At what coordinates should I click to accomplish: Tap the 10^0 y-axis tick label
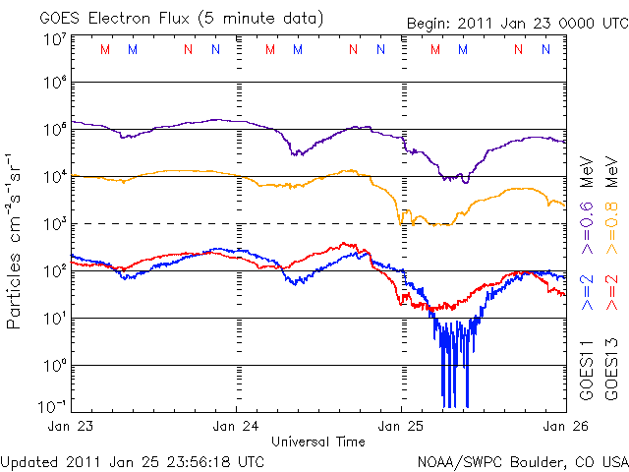click(x=54, y=367)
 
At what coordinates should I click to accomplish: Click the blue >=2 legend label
click(x=587, y=292)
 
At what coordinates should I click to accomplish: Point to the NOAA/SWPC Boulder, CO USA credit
click(x=522, y=460)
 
